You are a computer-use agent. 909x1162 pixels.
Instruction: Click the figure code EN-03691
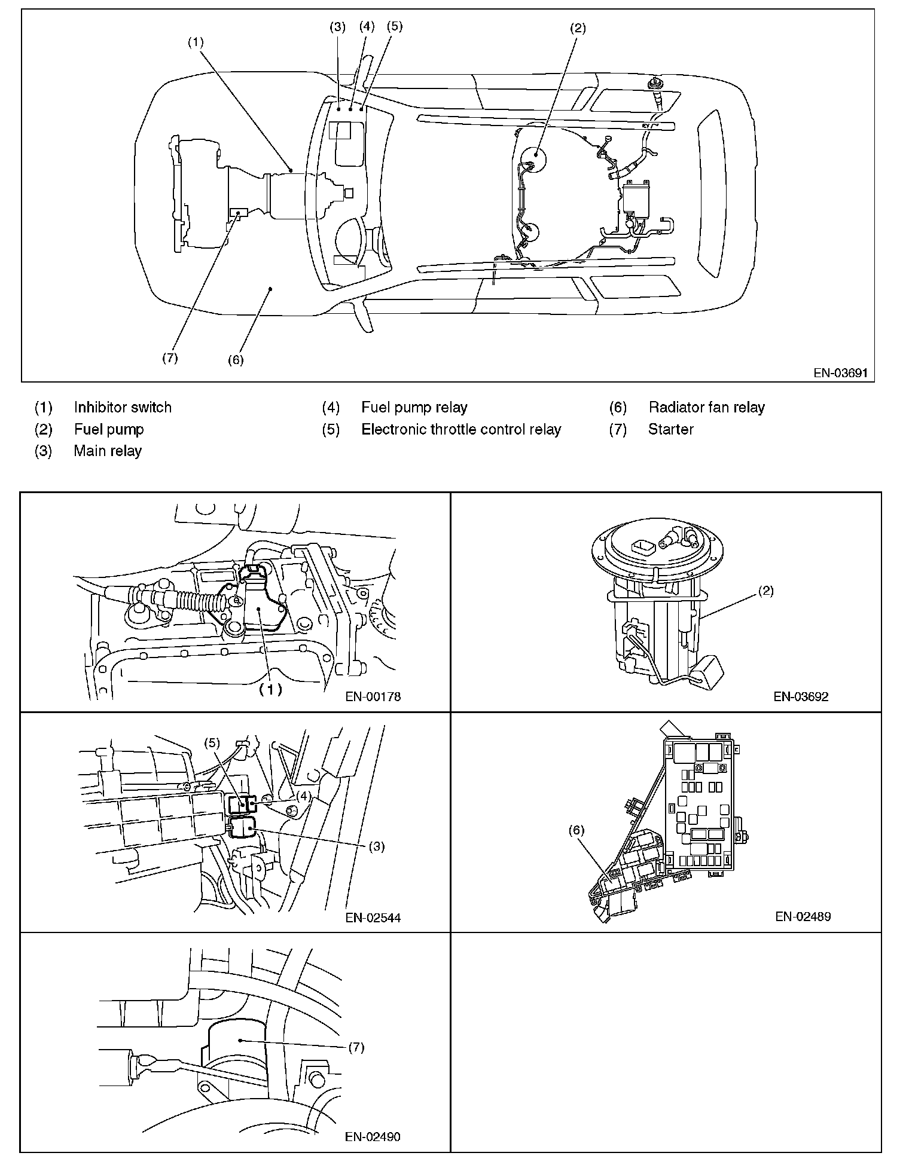pos(840,373)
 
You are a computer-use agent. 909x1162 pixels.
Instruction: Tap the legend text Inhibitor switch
pos(123,408)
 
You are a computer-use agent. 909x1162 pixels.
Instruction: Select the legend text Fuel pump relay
pos(414,408)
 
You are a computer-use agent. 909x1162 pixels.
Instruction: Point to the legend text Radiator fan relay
pos(706,408)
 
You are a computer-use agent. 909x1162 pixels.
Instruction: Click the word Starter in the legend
pos(670,429)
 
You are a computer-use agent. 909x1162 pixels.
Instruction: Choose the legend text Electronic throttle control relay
pos(461,429)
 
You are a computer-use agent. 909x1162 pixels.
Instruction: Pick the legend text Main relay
pos(108,451)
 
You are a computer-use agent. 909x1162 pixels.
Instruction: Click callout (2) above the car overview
pos(577,27)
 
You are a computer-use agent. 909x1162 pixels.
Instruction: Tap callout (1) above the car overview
pos(196,42)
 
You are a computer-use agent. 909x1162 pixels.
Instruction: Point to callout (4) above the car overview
pos(367,26)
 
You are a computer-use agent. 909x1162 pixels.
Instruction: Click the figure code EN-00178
pos(373,696)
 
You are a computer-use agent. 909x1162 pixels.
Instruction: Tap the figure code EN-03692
pos(801,696)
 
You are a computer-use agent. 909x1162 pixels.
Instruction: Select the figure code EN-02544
pos(373,917)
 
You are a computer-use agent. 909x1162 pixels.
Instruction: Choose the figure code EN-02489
pos(803,916)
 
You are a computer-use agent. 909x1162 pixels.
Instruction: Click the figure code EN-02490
pos(373,1136)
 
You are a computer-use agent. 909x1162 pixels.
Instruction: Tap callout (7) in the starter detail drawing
pos(356,1047)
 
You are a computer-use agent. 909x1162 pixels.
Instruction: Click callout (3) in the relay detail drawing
pos(377,846)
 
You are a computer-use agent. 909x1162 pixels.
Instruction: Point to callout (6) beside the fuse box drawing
pos(576,830)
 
